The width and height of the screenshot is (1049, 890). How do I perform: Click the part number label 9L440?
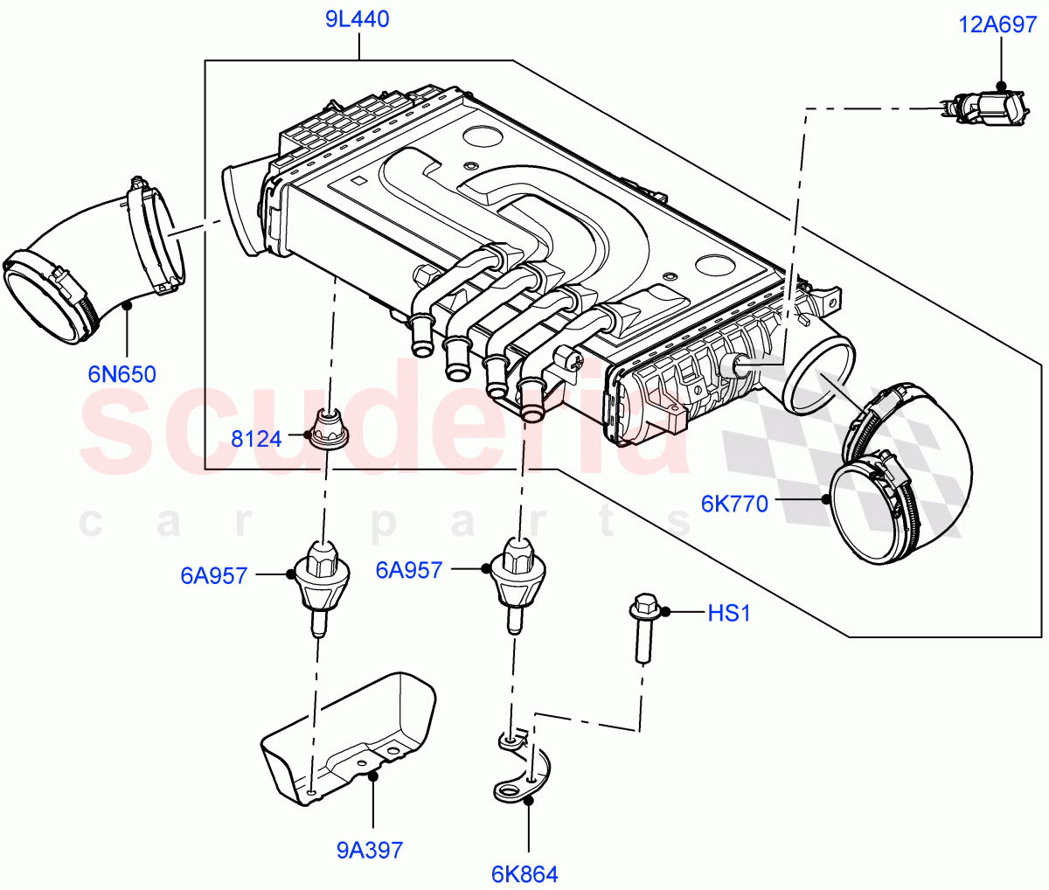click(x=358, y=19)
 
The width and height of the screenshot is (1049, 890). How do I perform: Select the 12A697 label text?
click(x=997, y=24)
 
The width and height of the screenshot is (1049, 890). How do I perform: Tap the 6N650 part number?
click(x=122, y=374)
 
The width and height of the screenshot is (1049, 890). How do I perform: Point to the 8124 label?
click(x=256, y=439)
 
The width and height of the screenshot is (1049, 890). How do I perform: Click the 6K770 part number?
click(x=734, y=504)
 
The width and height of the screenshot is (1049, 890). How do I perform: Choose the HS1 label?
click(x=728, y=614)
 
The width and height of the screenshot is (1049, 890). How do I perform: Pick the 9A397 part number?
click(x=370, y=849)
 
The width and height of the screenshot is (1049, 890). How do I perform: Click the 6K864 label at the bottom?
click(x=524, y=873)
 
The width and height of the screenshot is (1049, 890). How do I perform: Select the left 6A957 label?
click(x=214, y=575)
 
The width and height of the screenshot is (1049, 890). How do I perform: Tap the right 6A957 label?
click(x=408, y=570)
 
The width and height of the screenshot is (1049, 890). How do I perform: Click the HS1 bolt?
click(x=644, y=627)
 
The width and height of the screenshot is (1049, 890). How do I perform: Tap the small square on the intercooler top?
click(x=357, y=183)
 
